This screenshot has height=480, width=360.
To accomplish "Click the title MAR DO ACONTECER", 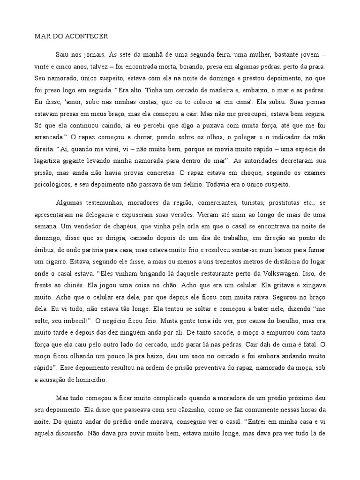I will coord(71,36).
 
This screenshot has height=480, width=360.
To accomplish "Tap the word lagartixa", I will coord(50,161).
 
